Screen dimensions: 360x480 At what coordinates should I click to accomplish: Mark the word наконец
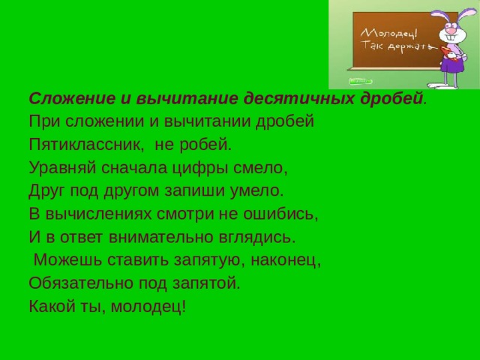point(291,261)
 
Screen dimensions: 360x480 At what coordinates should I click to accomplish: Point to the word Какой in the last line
point(51,307)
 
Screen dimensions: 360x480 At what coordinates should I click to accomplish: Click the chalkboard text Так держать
point(396,46)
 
